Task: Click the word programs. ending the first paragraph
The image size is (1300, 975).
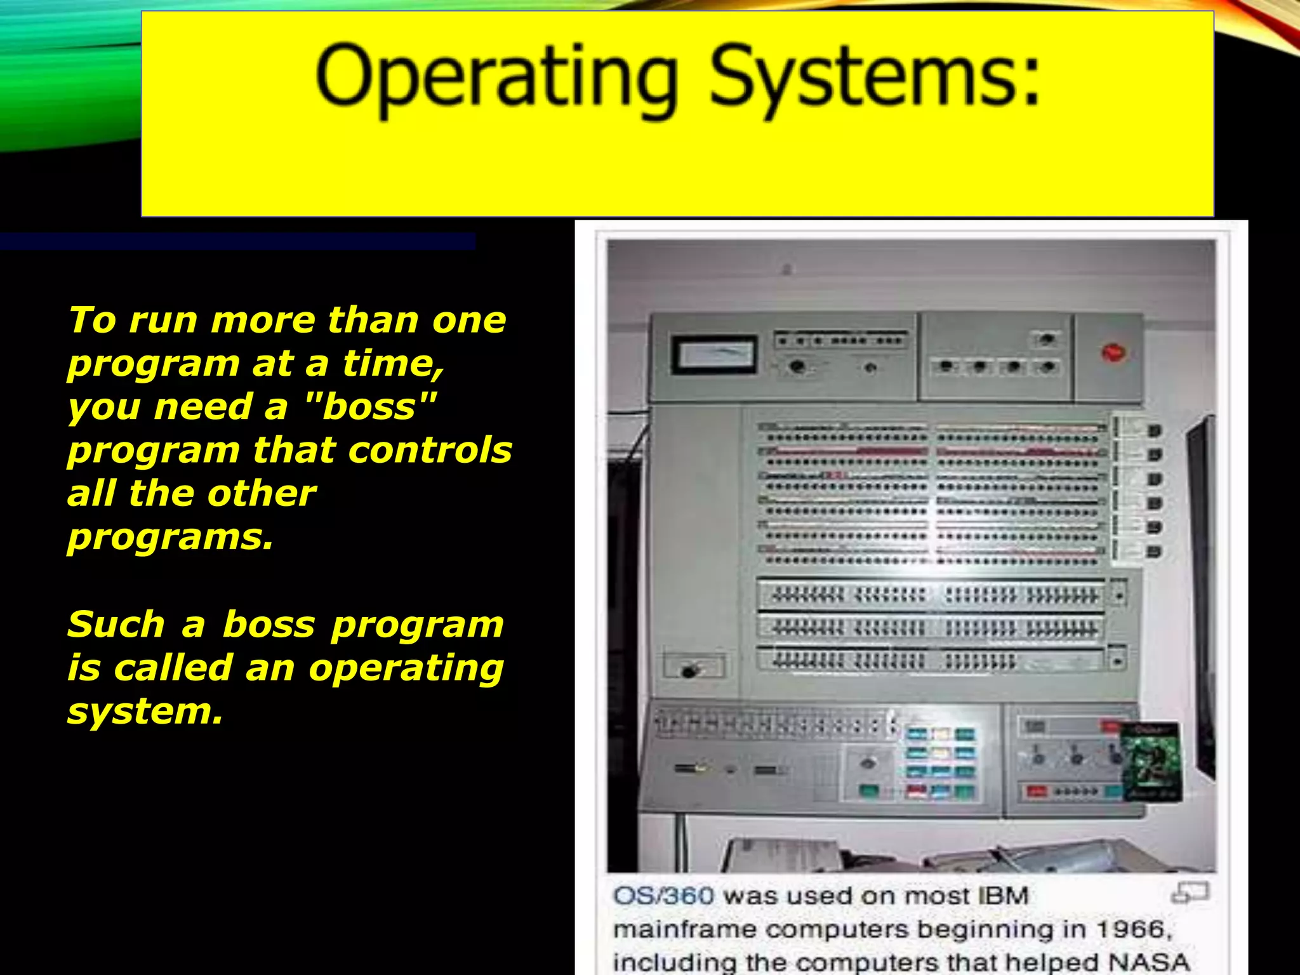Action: (x=170, y=537)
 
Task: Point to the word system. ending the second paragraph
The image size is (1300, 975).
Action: (x=145, y=711)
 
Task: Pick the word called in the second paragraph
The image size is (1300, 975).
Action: (x=173, y=668)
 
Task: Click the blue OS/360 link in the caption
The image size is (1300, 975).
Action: (x=663, y=896)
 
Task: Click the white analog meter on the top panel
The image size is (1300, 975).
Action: (x=714, y=355)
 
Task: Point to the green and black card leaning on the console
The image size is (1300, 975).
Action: (x=1151, y=761)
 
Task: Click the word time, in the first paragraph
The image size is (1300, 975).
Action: (x=394, y=364)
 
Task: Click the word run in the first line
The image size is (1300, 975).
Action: (x=163, y=320)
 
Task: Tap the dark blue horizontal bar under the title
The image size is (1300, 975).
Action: (x=237, y=241)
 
